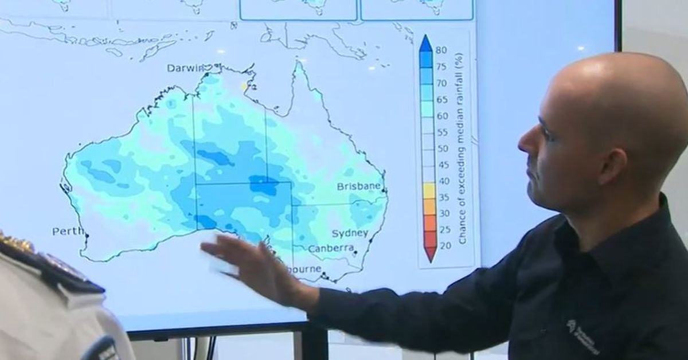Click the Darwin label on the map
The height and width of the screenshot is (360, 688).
tap(185, 68)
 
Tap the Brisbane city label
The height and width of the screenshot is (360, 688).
tap(358, 186)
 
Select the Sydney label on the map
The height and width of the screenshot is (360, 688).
tap(350, 233)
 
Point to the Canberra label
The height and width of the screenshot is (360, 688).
tap(330, 249)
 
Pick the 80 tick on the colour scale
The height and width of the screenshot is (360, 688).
tap(441, 50)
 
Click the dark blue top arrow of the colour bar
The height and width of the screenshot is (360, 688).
tap(425, 42)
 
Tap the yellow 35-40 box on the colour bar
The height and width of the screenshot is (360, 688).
tap(429, 191)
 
